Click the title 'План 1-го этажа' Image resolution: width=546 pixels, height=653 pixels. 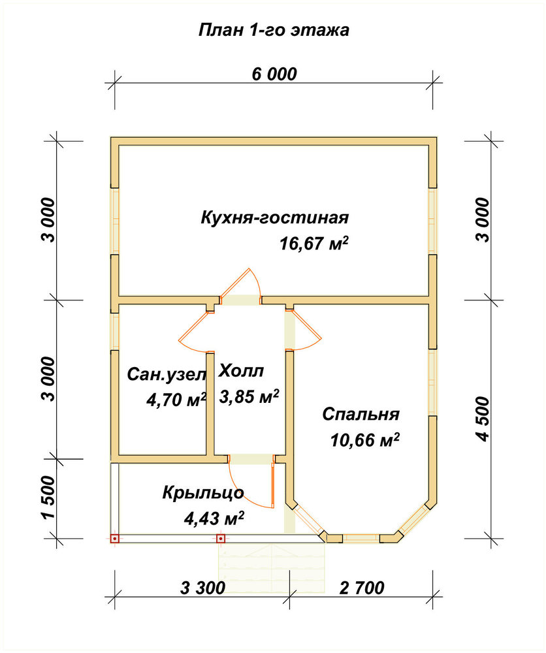click(x=274, y=31)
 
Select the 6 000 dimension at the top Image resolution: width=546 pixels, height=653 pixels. click(x=274, y=74)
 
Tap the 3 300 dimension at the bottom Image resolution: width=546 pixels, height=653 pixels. click(x=203, y=588)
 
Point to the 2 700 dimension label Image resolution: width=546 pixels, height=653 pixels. click(x=362, y=588)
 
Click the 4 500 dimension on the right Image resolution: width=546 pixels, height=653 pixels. click(x=483, y=419)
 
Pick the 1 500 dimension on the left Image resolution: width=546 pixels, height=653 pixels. click(x=48, y=497)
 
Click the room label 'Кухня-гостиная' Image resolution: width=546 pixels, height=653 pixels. click(x=275, y=218)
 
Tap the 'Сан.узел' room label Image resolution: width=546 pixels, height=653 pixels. click(x=167, y=375)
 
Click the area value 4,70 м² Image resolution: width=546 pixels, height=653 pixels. click(x=176, y=400)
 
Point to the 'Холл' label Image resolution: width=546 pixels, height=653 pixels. click(x=241, y=371)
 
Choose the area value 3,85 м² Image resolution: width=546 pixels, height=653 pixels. click(x=249, y=396)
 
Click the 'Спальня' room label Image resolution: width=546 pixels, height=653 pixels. click(x=361, y=415)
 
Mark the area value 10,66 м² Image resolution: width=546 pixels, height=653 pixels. click(x=365, y=440)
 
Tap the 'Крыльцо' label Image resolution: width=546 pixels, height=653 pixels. click(x=203, y=493)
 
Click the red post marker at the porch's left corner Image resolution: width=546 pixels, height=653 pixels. click(x=114, y=539)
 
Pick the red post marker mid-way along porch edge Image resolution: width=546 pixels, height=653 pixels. click(x=221, y=539)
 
